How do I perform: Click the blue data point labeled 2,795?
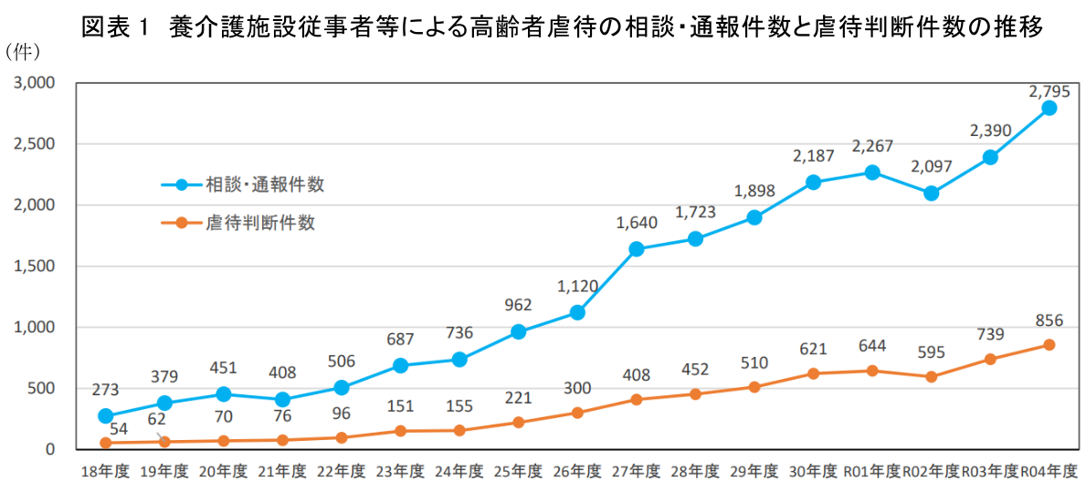1049,108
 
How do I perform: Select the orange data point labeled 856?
1049,345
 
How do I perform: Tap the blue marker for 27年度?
637,249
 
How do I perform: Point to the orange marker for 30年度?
813,373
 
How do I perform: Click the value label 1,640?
637,222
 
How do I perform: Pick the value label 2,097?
931,166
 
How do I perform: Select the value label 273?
106,390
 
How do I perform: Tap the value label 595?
931,351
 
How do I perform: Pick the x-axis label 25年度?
519,471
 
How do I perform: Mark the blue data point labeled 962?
519,332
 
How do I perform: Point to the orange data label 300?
577,389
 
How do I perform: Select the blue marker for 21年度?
282,400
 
